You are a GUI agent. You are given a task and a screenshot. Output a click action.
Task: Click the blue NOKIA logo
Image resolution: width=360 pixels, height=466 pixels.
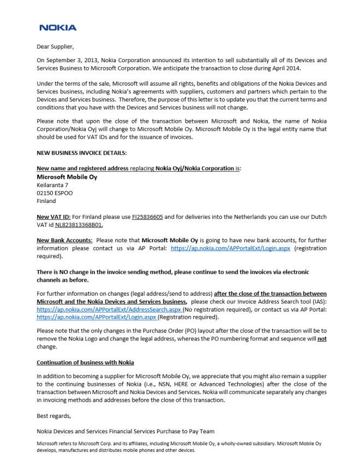(58, 27)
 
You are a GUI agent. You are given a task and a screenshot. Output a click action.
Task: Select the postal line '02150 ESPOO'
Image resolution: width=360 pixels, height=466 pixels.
(55, 193)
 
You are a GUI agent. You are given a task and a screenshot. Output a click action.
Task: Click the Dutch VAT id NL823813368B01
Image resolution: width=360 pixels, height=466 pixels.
(79, 225)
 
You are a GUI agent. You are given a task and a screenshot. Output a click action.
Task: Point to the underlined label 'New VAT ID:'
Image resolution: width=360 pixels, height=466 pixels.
(53, 217)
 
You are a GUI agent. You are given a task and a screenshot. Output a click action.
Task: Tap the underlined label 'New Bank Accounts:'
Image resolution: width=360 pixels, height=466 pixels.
(64, 240)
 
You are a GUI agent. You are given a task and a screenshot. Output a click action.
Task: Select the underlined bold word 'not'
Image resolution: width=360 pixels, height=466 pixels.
(322, 339)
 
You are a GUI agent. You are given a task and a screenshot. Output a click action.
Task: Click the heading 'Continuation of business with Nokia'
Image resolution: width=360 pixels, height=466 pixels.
(85, 362)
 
